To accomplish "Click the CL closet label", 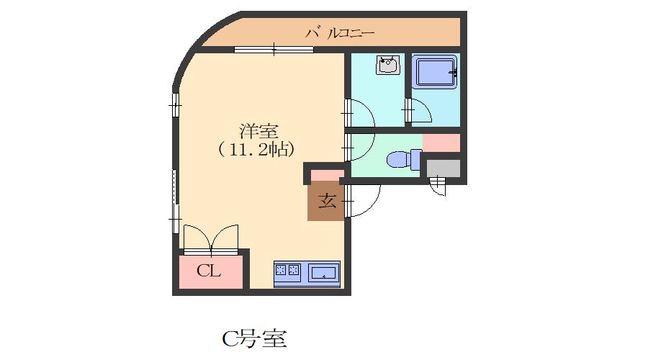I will point(209,271).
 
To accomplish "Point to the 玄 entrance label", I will point(327,201).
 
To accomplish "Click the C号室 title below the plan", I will point(253,338).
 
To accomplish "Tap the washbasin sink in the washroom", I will point(388,66).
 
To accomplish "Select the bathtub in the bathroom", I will point(436,73).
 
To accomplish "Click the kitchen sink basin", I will point(323,273).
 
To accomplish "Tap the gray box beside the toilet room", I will point(443,168).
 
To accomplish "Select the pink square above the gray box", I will point(441,143).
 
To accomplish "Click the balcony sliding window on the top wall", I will point(274,49).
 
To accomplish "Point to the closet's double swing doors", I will point(210,239).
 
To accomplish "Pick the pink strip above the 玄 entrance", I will point(327,175).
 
